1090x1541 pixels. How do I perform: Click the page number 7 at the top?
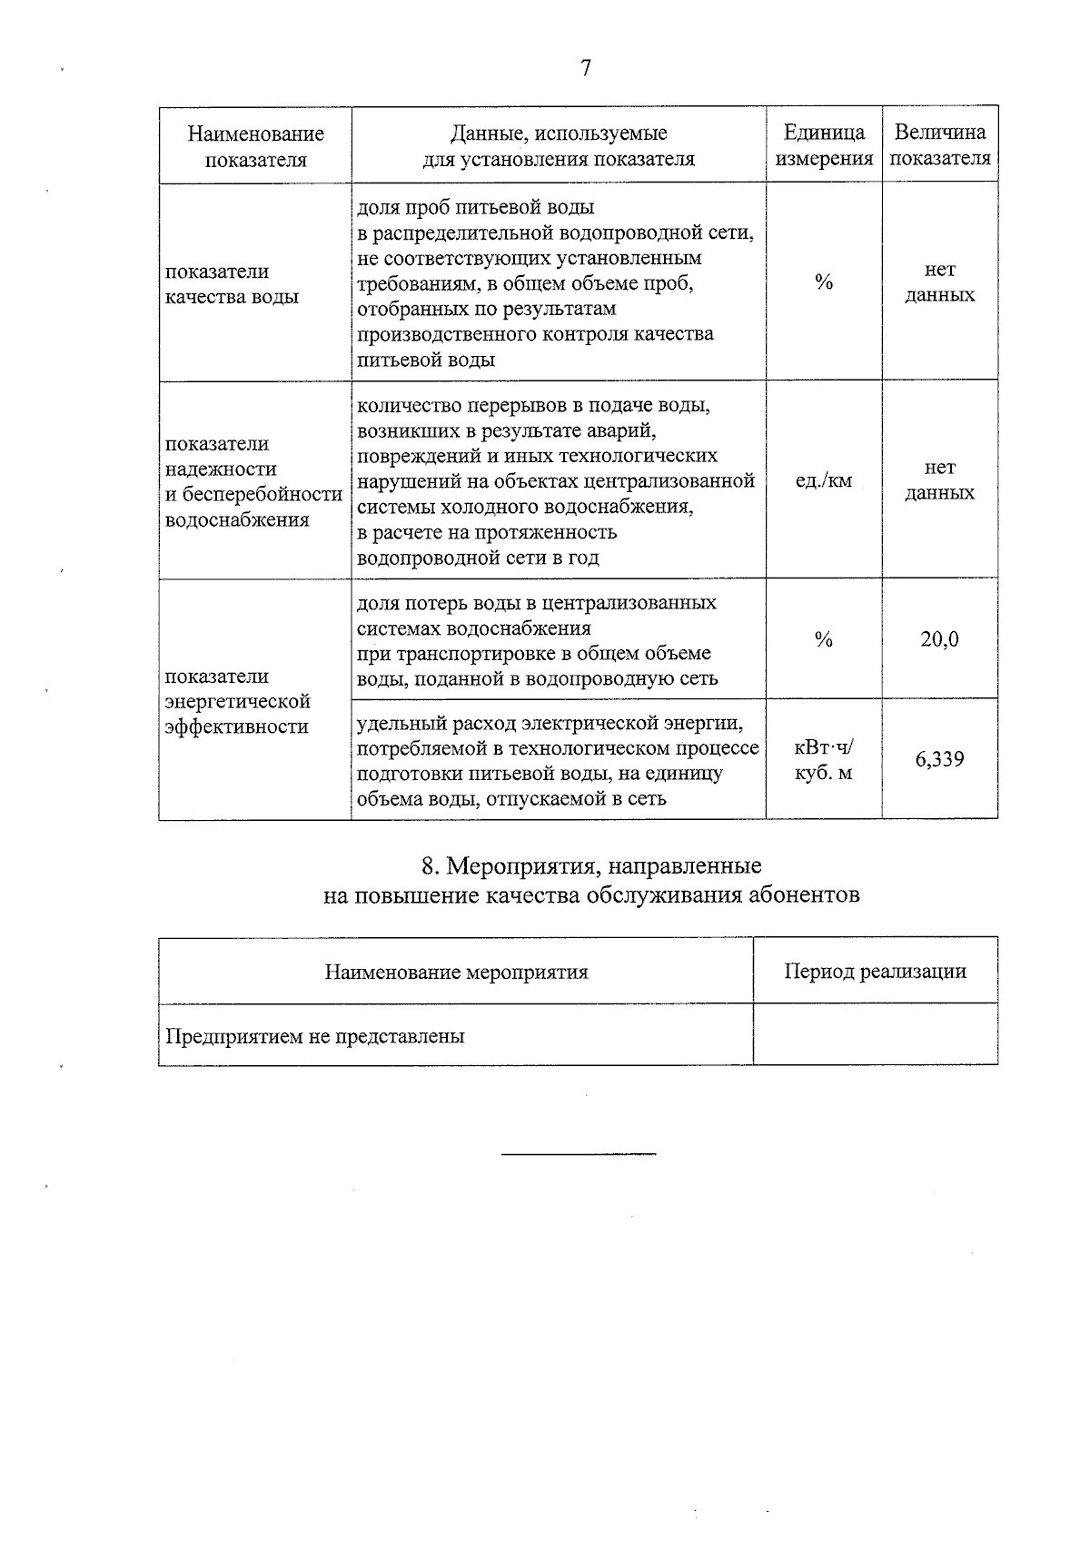tap(585, 69)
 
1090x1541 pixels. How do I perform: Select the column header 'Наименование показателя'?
tap(255, 147)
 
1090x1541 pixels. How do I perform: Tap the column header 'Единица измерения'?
tap(823, 146)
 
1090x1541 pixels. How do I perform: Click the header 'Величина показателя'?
tap(939, 145)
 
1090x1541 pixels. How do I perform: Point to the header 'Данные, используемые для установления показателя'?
tap(559, 146)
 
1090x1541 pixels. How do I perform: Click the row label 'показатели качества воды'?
tap(232, 284)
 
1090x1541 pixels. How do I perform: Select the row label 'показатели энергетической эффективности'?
tap(237, 701)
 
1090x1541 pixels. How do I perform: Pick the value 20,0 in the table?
tap(939, 640)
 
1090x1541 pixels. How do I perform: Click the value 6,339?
tap(939, 760)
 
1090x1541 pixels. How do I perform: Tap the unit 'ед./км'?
tap(823, 481)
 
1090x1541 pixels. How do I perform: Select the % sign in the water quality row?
tap(823, 282)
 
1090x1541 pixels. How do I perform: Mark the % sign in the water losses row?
tap(823, 640)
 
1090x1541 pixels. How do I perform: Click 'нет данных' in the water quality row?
tap(939, 282)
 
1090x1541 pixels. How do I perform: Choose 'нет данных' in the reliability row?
tap(939, 480)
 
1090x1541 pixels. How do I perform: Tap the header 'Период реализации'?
tap(875, 972)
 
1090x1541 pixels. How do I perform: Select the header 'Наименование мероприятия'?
tap(456, 973)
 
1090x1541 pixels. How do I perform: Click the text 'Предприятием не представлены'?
tap(315, 1036)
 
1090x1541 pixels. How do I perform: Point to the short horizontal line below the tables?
tap(579, 1154)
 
